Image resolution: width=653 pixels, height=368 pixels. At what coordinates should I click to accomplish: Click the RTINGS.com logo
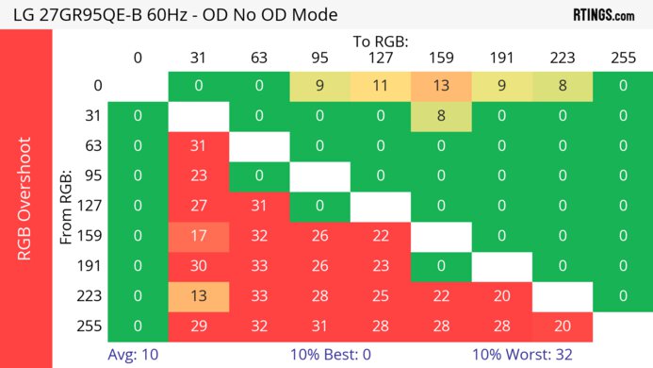tap(602, 14)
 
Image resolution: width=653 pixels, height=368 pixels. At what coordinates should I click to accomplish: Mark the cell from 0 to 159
tap(440, 86)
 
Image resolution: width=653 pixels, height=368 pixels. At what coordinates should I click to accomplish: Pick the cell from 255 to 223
tap(561, 326)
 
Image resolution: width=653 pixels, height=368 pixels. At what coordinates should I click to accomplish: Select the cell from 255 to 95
tap(318, 326)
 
